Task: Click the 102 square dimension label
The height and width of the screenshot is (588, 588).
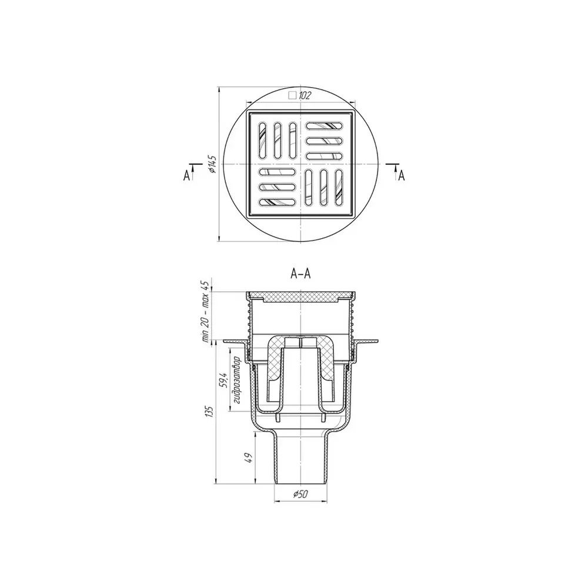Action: click(305, 95)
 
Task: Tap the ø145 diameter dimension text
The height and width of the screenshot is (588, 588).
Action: click(213, 164)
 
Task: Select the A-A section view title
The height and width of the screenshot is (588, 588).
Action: click(300, 274)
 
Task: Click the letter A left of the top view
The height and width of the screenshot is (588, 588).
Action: click(187, 175)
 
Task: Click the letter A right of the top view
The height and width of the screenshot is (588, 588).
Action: click(402, 175)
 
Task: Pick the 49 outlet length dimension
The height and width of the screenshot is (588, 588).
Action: click(248, 458)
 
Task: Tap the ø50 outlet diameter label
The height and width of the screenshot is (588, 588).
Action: click(300, 495)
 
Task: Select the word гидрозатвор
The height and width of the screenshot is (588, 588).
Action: click(236, 380)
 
